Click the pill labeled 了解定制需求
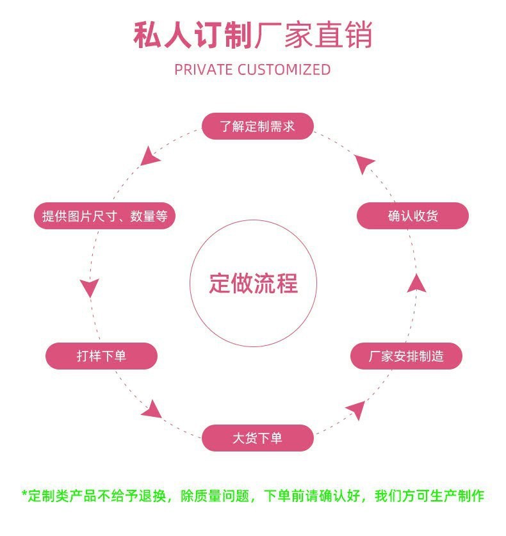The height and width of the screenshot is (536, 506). [257, 126]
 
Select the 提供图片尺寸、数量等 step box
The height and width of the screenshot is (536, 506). [104, 216]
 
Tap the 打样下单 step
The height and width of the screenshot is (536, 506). [101, 356]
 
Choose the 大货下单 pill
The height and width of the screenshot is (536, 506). [257, 439]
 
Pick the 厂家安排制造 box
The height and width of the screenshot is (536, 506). [406, 356]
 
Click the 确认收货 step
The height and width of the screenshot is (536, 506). [412, 216]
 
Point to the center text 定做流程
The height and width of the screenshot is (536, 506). [253, 283]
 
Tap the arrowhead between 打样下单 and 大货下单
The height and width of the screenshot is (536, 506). [152, 409]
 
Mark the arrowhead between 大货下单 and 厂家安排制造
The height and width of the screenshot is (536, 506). [356, 409]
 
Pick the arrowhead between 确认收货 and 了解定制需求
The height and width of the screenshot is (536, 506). [364, 164]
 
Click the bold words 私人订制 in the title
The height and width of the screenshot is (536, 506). [192, 35]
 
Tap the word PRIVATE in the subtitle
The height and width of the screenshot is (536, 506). [203, 69]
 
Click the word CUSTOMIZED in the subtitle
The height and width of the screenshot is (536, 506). [284, 69]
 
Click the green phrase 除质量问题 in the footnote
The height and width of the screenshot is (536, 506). [216, 496]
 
